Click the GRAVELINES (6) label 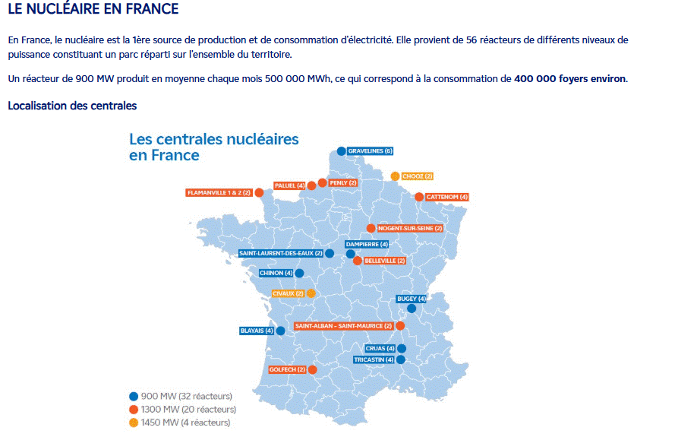coord(371,151)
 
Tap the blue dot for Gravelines coord(342,151)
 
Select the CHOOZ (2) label coord(418,176)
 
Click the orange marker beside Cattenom coord(418,197)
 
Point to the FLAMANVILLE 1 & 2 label coord(219,193)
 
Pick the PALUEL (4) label coord(290,185)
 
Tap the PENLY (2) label coord(343,183)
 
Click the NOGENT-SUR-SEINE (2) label coord(409,228)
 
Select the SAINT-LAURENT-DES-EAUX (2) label coord(281,253)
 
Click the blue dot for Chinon coord(299,273)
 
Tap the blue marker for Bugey coord(412,309)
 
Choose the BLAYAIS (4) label coord(257,331)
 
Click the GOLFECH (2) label coord(287,369)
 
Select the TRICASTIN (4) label coord(374,359)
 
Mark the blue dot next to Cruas coord(401,349)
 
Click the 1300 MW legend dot coord(134,409)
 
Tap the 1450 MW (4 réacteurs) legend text coord(186,423)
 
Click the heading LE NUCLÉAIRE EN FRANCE coord(93,10)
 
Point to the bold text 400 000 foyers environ coord(570,79)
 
